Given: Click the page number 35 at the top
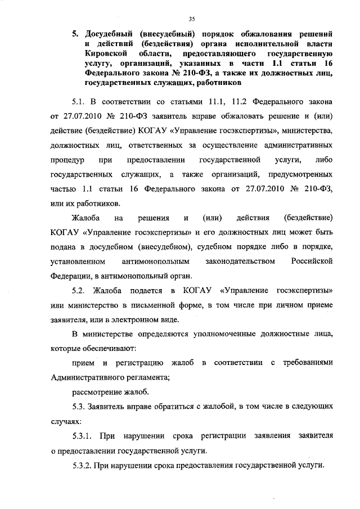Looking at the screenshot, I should (191, 20).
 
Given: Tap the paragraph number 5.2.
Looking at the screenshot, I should (82, 291).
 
